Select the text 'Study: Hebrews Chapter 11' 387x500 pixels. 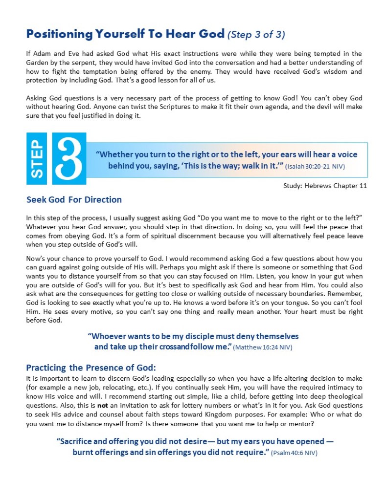click(x=325, y=186)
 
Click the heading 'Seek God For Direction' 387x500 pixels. click(x=74, y=199)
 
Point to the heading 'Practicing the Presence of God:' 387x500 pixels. click(x=91, y=368)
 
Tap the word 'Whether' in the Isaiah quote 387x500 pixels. click(x=115, y=154)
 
